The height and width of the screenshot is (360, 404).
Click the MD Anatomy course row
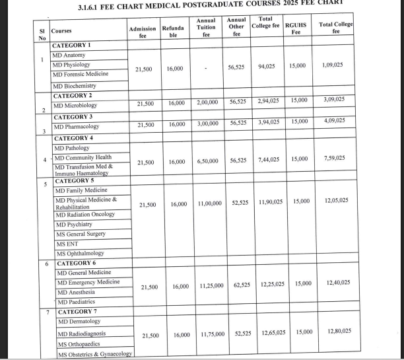tap(69, 55)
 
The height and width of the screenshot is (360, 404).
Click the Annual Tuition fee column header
tap(207, 30)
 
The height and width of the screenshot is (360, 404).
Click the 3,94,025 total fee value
tap(269, 122)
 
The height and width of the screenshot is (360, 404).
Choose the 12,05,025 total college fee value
tap(337, 199)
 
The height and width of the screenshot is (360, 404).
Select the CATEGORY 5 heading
tap(75, 180)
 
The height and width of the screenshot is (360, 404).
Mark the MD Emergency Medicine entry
tap(88, 282)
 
